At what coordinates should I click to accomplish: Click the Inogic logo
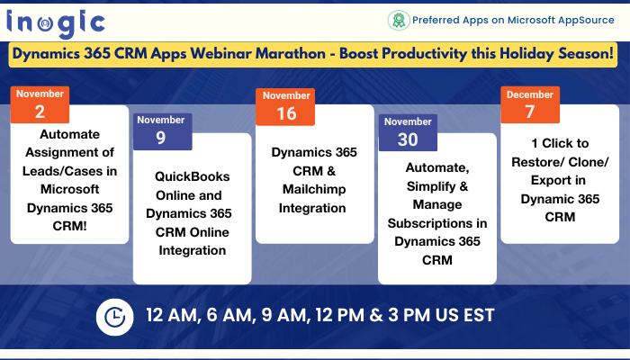(56, 23)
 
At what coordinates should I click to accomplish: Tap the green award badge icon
(399, 21)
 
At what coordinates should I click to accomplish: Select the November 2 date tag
(40, 104)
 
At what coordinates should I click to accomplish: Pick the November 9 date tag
(162, 131)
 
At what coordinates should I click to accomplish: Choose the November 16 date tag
(285, 107)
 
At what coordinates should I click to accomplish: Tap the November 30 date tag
(408, 132)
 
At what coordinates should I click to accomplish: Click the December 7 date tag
(530, 105)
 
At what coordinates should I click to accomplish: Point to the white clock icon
(114, 317)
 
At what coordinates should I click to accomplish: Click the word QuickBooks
(192, 176)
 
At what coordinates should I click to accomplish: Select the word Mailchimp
(314, 190)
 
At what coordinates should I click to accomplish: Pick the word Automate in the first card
(69, 134)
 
